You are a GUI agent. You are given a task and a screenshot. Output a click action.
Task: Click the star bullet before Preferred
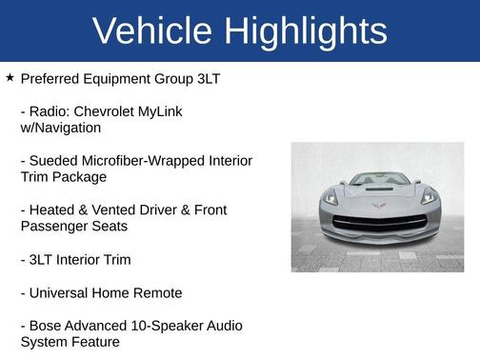click(10, 78)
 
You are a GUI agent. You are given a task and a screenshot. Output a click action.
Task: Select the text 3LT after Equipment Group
click(208, 79)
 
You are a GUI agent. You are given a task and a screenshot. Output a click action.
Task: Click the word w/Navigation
click(60, 128)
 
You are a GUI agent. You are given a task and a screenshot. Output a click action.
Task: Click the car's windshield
click(377, 179)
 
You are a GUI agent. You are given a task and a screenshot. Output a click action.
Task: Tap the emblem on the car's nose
click(377, 203)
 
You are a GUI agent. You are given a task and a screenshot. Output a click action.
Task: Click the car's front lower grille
click(377, 226)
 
